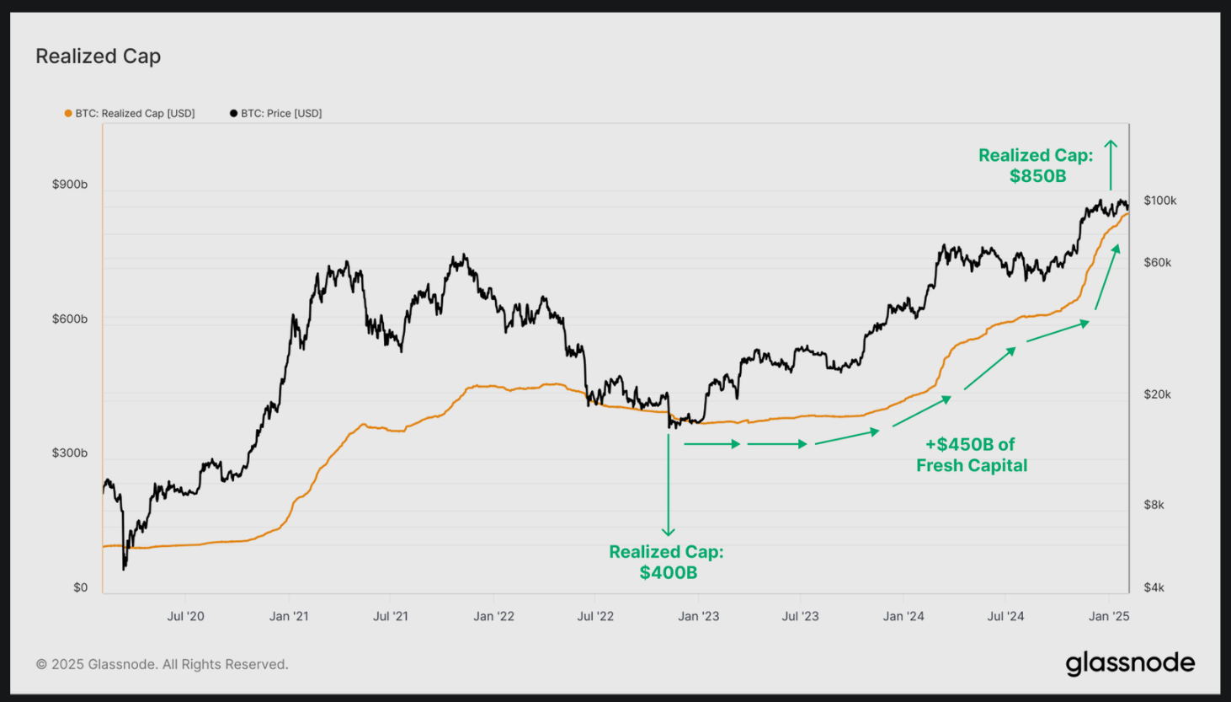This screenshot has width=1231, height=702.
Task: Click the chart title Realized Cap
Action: pos(98,56)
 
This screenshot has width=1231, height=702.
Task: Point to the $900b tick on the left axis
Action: pos(70,185)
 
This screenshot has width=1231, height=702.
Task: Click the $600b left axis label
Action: pos(70,319)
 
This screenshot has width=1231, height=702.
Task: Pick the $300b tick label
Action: pos(70,453)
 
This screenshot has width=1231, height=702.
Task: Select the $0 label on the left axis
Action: pos(80,587)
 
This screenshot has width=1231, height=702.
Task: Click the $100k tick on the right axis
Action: pos(1159,201)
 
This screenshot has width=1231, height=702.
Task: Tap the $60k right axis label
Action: pos(1157,262)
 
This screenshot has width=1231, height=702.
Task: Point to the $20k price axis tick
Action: pos(1157,394)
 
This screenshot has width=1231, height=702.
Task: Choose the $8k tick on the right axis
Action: pos(1154,505)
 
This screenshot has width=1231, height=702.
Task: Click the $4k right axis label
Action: pos(1154,587)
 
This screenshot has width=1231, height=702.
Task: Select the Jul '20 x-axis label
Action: pos(185,616)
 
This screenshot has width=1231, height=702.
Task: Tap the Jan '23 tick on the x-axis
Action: pos(699,616)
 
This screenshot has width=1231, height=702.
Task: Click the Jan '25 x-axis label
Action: pos(1109,616)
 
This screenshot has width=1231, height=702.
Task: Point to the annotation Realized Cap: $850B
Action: pos(1036,165)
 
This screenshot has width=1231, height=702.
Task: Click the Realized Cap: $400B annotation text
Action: pos(667,562)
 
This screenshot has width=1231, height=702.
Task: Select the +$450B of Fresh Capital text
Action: pos(972,455)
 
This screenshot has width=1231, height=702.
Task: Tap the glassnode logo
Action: pos(1130,663)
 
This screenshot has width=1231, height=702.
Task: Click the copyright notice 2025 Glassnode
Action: pos(162,664)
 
